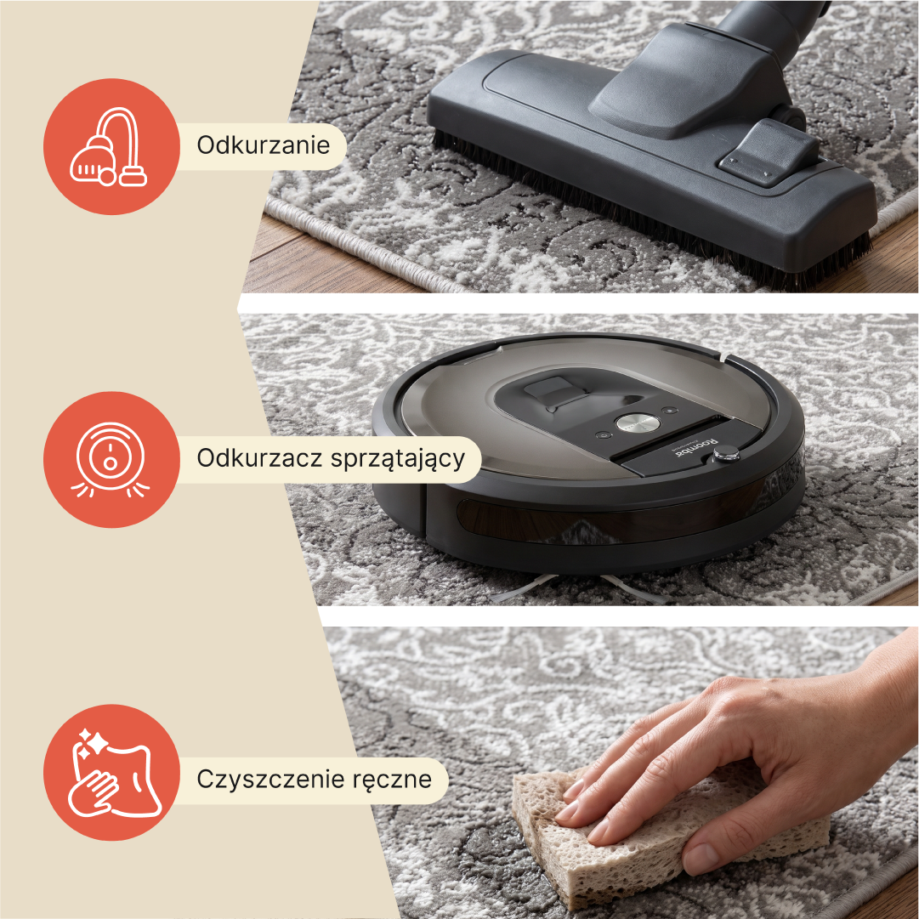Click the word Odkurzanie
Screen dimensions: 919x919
click(x=264, y=145)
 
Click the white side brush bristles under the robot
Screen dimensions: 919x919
click(x=581, y=587)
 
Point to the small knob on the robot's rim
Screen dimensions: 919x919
click(x=725, y=454)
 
